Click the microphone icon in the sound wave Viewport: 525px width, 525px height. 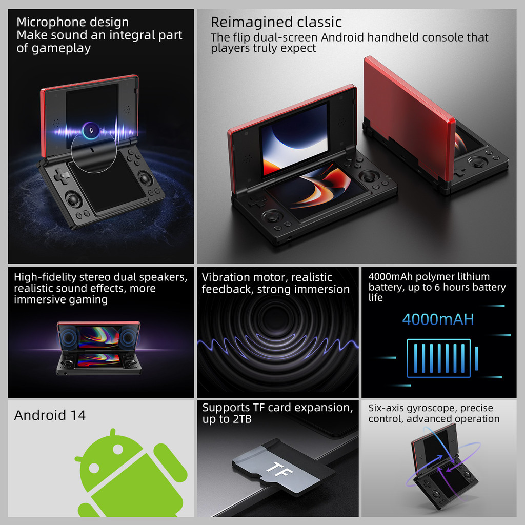coord(91,129)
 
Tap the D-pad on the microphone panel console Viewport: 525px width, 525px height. coord(62,177)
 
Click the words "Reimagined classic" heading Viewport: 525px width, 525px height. coord(276,22)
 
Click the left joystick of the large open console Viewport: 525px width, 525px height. coord(272,216)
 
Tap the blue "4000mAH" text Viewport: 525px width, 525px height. coord(438,319)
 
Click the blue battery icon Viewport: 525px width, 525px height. coord(439,358)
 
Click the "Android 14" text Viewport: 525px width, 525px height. coord(50,415)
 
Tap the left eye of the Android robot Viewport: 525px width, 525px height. coord(94,468)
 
